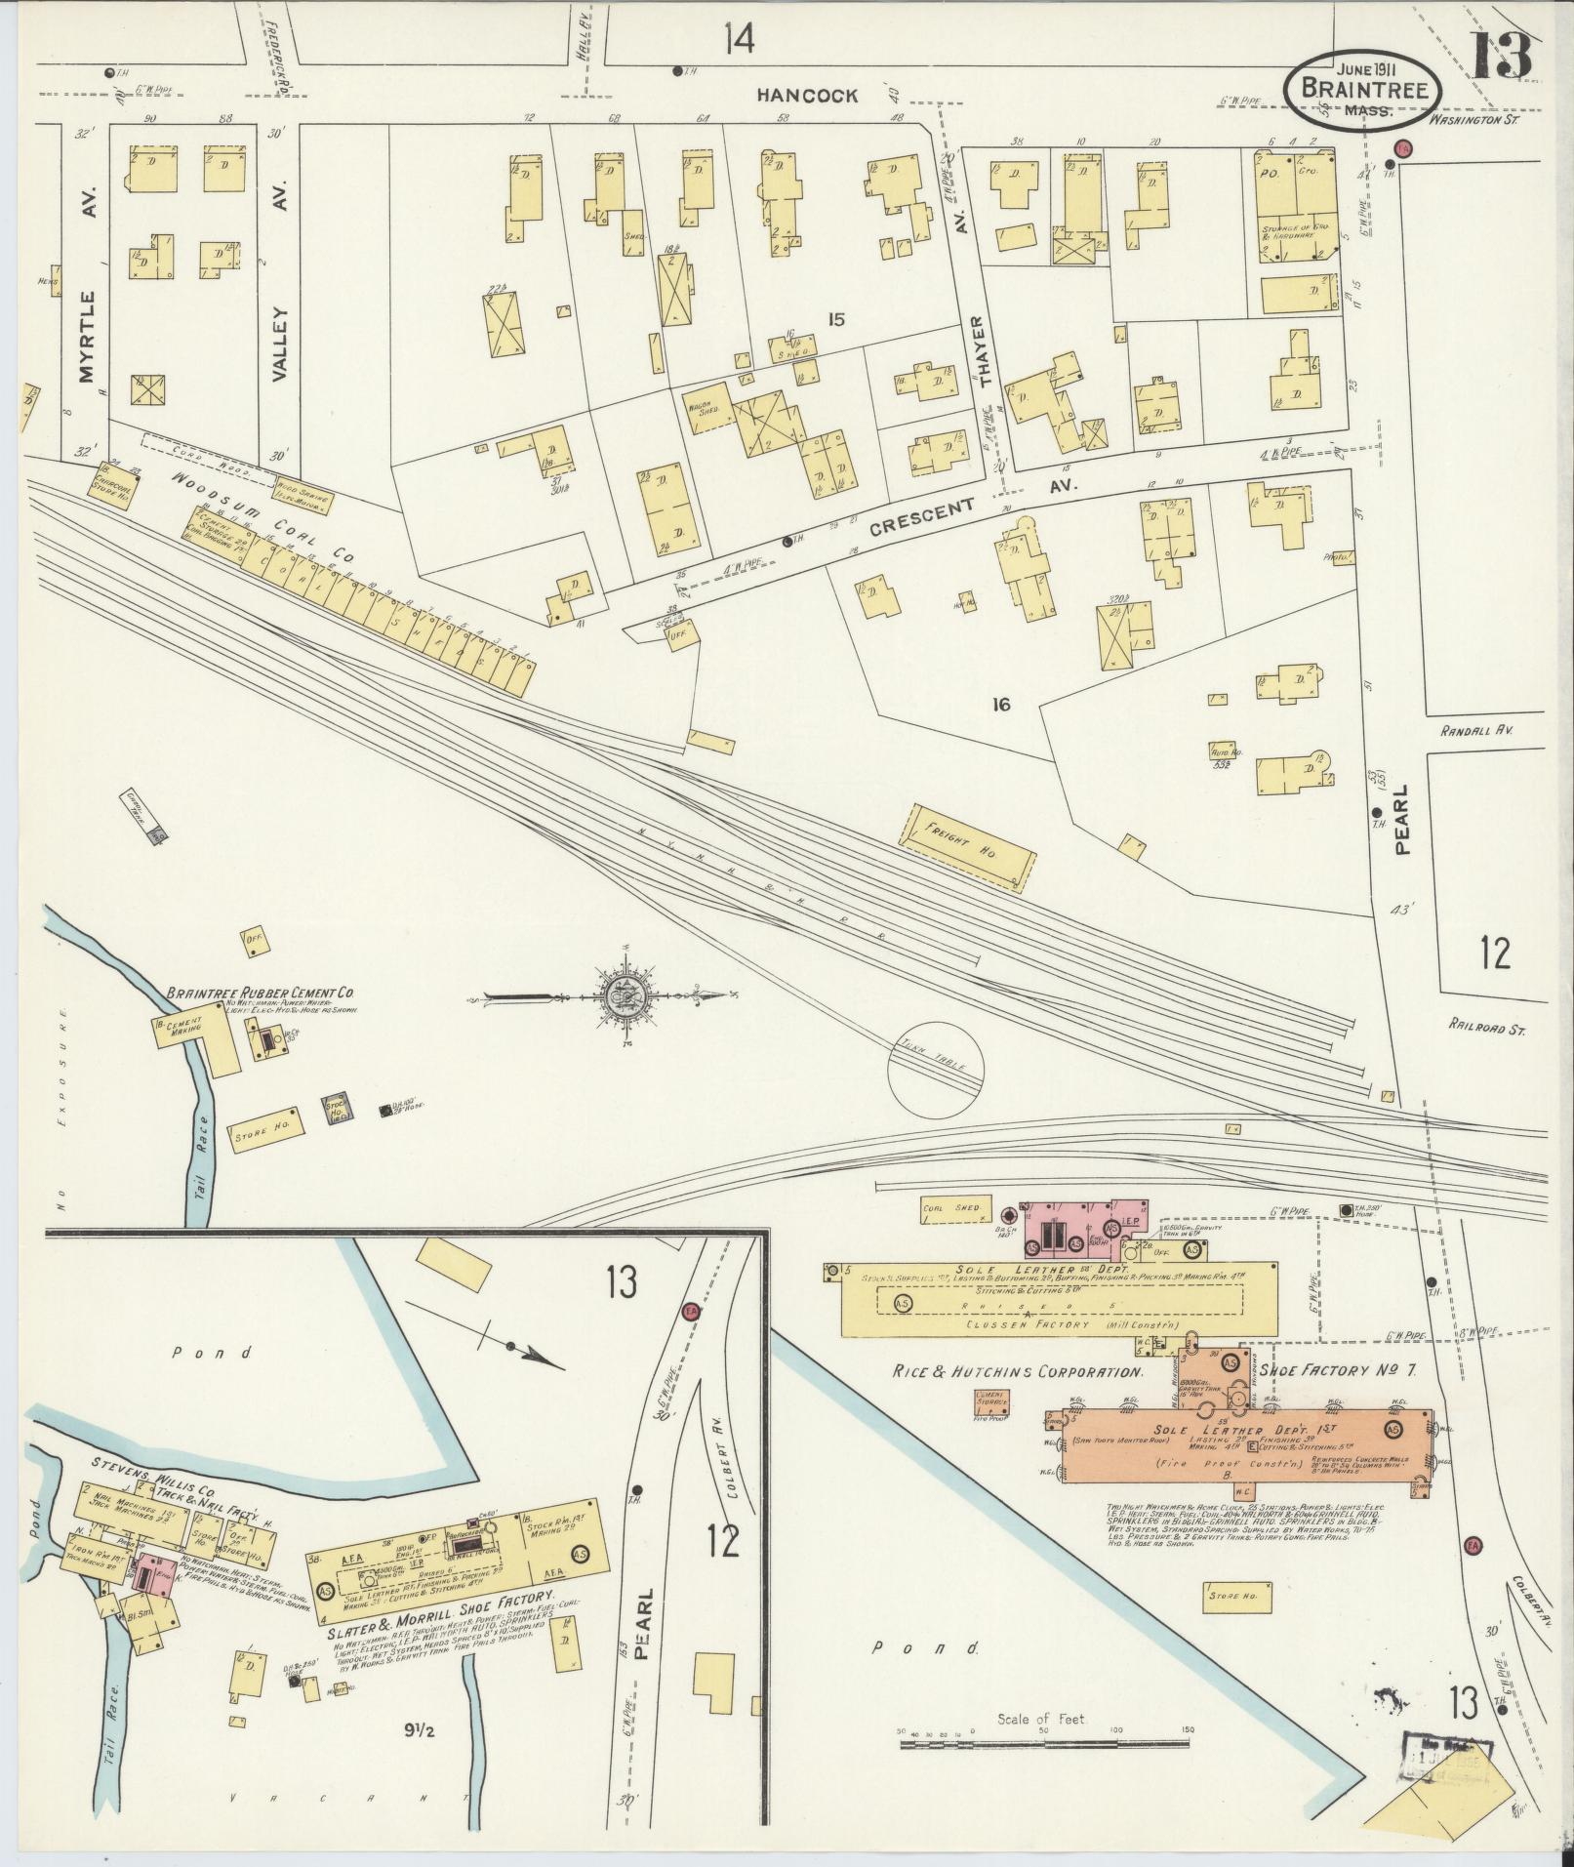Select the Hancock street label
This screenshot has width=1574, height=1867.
(809, 96)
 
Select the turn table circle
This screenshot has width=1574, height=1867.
(935, 1067)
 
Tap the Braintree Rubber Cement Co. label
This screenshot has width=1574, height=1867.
(260, 993)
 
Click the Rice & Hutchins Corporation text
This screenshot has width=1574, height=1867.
(1017, 1372)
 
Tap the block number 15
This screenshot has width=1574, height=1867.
(834, 318)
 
